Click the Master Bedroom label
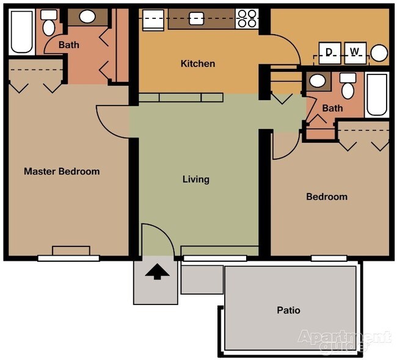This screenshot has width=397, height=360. click(61, 171)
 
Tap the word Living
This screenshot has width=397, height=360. click(195, 179)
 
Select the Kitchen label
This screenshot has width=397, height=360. click(197, 63)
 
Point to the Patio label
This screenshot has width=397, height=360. click(288, 310)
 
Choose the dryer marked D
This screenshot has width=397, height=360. click(329, 52)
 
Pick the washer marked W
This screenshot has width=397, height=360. click(355, 52)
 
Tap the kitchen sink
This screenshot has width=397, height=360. click(195, 19)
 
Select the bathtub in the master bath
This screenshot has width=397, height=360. click(23, 32)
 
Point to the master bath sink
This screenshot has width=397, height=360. click(87, 17)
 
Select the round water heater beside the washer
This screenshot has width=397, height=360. click(379, 53)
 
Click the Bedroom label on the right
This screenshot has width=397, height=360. click(326, 197)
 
